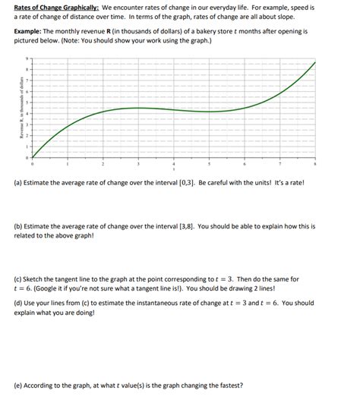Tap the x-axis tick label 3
coord(137,163)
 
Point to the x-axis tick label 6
coord(245,163)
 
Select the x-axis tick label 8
coord(315,163)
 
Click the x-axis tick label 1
coord(67,163)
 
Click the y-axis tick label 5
coord(27,102)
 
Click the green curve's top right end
coord(315,62)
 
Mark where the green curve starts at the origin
coord(32,156)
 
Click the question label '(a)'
coord(18,183)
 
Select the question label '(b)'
coord(18,226)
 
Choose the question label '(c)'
coord(18,279)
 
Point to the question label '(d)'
coord(18,303)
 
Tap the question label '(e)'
coord(18,385)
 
